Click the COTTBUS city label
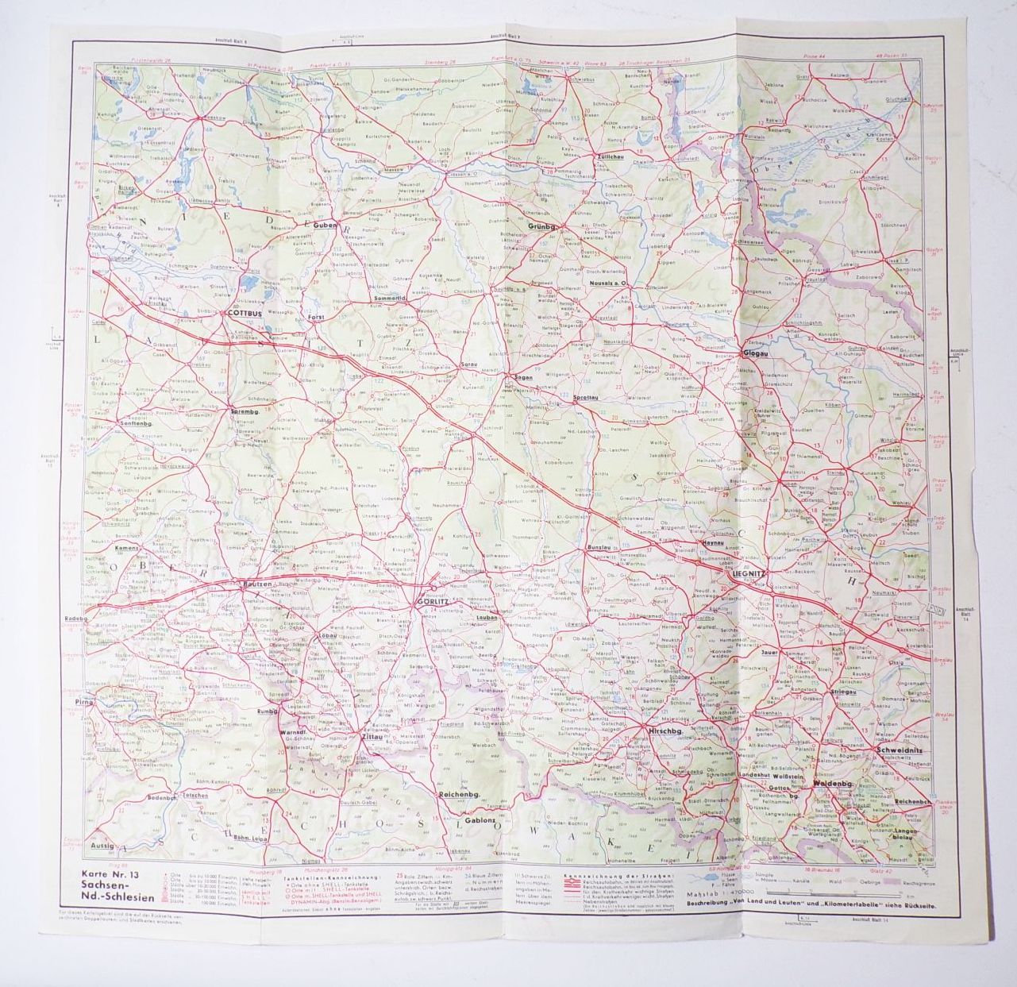pos(245,313)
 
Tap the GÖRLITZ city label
pos(433,602)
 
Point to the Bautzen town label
pos(257,584)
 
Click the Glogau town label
pos(754,353)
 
